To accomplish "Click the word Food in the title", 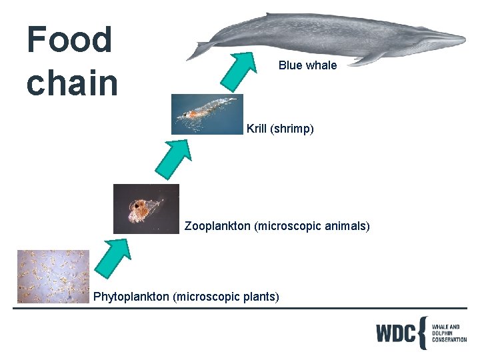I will [69, 39].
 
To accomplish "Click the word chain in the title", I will [72, 83].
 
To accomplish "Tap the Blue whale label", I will [307, 65].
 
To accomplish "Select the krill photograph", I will [207, 114].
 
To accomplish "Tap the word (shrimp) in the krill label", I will [292, 129].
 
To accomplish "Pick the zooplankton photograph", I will [146, 209].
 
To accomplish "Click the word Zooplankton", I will [217, 226].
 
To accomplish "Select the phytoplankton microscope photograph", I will [53, 277].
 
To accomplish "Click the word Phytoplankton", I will [131, 296].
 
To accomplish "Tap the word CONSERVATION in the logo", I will [449, 339].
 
